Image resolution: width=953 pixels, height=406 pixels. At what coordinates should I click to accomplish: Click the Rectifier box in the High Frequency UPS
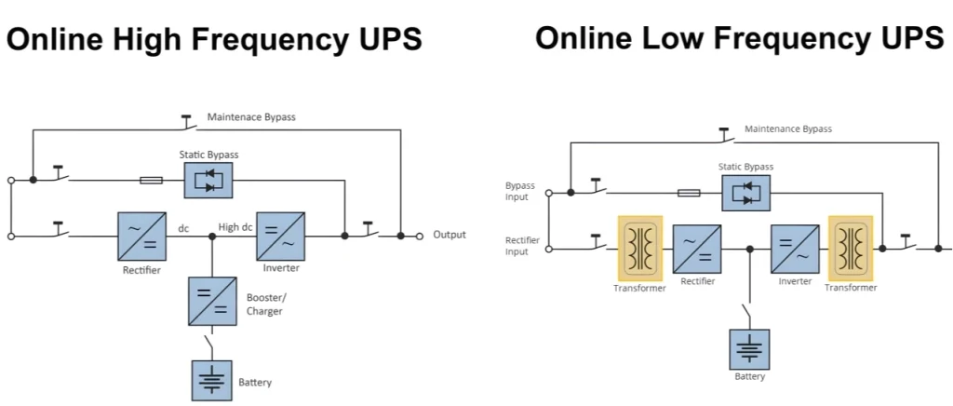tap(141, 236)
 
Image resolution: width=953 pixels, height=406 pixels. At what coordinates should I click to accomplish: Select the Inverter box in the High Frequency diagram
tap(281, 236)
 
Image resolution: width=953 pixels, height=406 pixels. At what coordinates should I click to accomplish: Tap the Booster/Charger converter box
tap(212, 301)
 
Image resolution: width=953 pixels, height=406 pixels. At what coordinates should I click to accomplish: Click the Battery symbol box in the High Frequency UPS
tap(212, 379)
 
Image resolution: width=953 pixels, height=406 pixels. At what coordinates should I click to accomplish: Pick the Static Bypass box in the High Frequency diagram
tap(208, 180)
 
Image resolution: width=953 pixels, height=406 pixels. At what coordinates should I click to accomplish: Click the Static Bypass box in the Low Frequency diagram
tap(746, 193)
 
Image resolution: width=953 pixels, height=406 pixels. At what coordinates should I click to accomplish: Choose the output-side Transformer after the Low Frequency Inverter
tap(851, 249)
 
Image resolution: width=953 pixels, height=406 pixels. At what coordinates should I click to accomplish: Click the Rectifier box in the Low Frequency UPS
tap(697, 249)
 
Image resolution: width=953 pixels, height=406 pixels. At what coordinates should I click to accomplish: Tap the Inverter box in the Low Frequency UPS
tap(795, 249)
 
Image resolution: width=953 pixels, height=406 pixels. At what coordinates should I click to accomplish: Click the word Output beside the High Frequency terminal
tap(450, 236)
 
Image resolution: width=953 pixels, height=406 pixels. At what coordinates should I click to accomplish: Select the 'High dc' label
tap(235, 226)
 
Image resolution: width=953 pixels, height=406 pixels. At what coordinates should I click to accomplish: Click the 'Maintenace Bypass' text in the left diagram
tap(251, 118)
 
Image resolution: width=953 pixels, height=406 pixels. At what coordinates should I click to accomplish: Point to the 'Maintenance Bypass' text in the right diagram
tap(788, 129)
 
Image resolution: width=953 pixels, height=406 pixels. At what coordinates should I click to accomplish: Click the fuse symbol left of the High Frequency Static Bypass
tap(151, 180)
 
